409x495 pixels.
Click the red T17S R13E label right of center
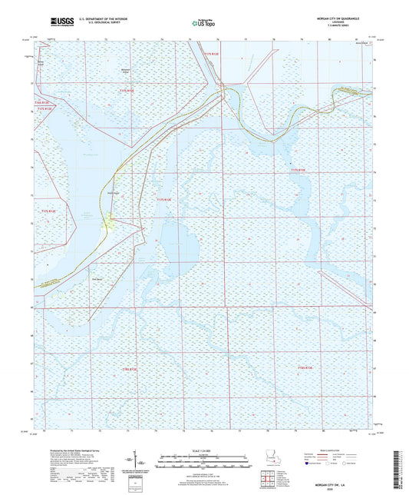point(298,170)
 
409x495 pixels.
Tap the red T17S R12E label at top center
point(211,54)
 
